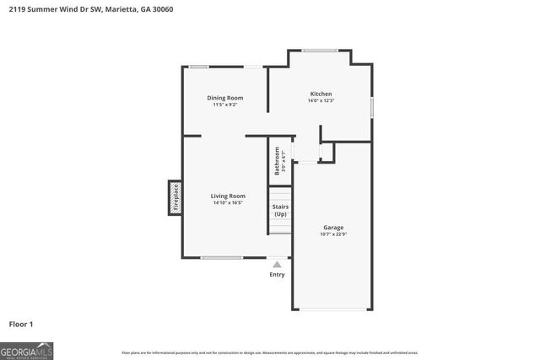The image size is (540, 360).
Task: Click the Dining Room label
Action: [225, 98]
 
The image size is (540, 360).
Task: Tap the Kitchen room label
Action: [321, 94]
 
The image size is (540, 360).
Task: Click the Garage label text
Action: [333, 227]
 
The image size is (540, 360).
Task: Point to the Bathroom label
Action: [277, 159]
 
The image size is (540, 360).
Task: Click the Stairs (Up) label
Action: [280, 209]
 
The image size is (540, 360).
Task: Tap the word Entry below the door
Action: [277, 274]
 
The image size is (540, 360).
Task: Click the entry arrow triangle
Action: [277, 264]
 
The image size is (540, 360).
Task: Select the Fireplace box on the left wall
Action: [175, 197]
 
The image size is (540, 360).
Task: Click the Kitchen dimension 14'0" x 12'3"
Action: [321, 101]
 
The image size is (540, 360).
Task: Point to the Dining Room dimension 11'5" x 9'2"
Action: [225, 105]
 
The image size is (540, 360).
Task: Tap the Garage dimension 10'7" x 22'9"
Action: [333, 234]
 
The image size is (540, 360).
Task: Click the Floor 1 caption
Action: [20, 324]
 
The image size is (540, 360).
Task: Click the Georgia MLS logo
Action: [26, 349]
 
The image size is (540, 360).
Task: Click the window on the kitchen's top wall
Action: [321, 51]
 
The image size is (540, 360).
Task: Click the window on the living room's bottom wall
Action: [222, 257]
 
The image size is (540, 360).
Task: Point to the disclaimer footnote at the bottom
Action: [270, 352]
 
